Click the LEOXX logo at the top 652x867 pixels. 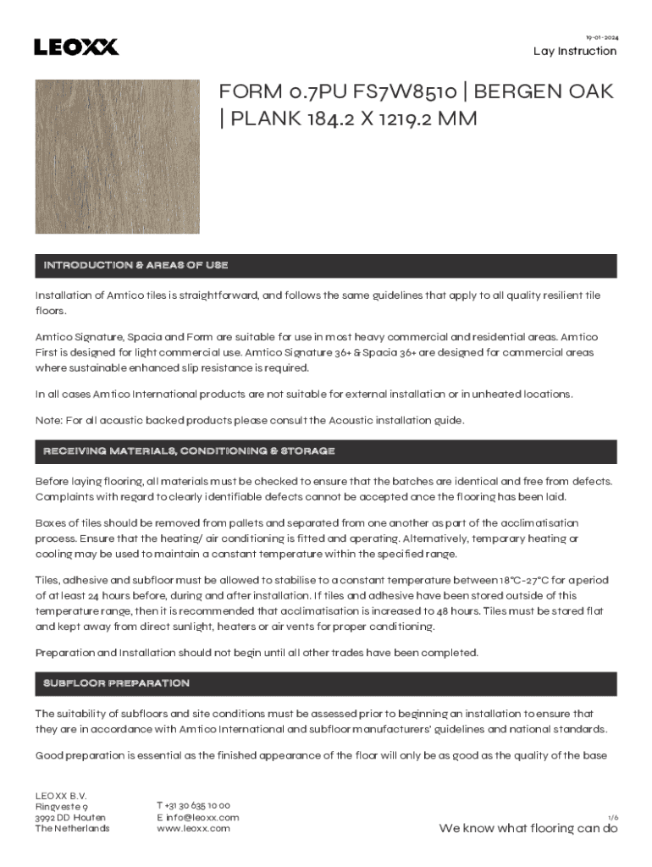pyautogui.click(x=76, y=47)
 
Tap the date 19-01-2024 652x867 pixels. pyautogui.click(x=601, y=37)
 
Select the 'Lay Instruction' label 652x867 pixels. pyautogui.click(x=575, y=51)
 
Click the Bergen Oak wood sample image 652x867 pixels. pyautogui.click(x=117, y=157)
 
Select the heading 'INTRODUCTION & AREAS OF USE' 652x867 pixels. pyautogui.click(x=135, y=266)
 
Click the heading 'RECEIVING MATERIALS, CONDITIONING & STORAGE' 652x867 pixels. pyautogui.click(x=189, y=451)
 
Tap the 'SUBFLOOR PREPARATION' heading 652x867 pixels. pyautogui.click(x=116, y=683)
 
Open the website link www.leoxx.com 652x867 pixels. pyautogui.click(x=193, y=828)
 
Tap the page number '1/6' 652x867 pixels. pyautogui.click(x=612, y=817)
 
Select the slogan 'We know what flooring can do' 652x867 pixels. pyautogui.click(x=528, y=828)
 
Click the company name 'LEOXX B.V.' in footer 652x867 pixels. pyautogui.click(x=61, y=795)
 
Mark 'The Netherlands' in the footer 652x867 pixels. pyautogui.click(x=72, y=828)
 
